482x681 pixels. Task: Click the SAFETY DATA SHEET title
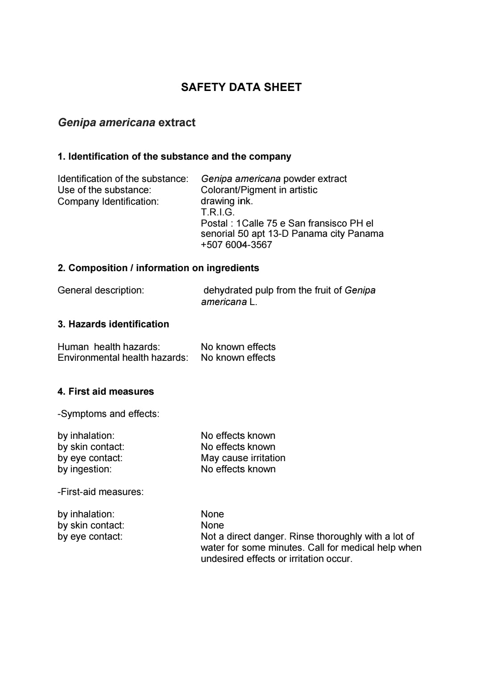(x=241, y=87)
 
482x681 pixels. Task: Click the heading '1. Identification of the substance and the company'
(x=174, y=157)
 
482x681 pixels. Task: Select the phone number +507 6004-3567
(x=236, y=245)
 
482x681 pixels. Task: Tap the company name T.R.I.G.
(x=217, y=212)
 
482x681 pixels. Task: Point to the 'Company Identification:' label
(x=108, y=202)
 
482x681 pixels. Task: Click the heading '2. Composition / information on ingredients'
(x=158, y=268)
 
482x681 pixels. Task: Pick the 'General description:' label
(x=101, y=290)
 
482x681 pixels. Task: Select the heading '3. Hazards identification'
(x=113, y=324)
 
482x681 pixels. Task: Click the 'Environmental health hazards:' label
(x=123, y=358)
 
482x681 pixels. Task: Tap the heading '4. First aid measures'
(x=106, y=392)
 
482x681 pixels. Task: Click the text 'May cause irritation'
(x=243, y=458)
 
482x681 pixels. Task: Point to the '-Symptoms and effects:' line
(x=108, y=414)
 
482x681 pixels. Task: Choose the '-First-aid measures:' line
(x=100, y=492)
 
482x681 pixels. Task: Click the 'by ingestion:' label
(x=84, y=469)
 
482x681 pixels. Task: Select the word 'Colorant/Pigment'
(x=238, y=190)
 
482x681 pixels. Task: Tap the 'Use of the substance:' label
(x=104, y=190)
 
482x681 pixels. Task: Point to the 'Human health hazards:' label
(x=108, y=347)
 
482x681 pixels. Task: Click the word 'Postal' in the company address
(x=214, y=223)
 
